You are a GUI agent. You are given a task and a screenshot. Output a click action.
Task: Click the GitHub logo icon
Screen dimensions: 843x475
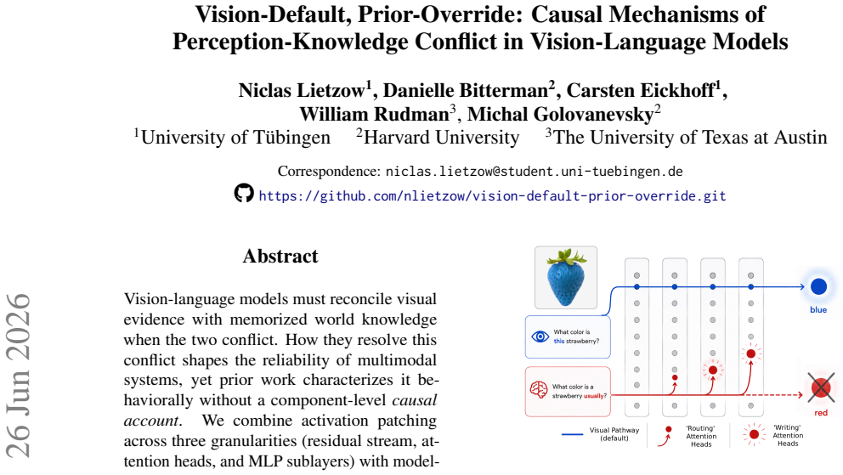pyautogui.click(x=244, y=193)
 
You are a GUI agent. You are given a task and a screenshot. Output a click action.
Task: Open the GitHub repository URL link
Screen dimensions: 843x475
pyautogui.click(x=493, y=196)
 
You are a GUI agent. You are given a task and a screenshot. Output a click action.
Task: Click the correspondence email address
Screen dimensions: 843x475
pyautogui.click(x=535, y=172)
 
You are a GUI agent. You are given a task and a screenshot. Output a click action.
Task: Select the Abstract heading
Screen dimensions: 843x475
pyautogui.click(x=280, y=257)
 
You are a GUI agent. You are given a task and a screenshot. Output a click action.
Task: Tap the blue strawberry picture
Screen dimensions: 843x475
pyautogui.click(x=566, y=277)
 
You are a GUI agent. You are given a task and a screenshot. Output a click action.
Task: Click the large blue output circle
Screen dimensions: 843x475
pyautogui.click(x=819, y=287)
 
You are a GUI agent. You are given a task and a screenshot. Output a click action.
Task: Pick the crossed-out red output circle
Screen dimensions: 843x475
pyautogui.click(x=821, y=387)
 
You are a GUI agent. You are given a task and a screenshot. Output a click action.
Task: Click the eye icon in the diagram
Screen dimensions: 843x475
pyautogui.click(x=540, y=336)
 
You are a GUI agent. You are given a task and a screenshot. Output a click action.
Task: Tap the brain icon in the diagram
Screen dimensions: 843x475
pyautogui.click(x=539, y=389)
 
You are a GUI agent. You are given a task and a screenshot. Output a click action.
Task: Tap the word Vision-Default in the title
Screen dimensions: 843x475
pyautogui.click(x=272, y=14)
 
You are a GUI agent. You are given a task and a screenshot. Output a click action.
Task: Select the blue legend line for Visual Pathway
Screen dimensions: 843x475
pyautogui.click(x=572, y=434)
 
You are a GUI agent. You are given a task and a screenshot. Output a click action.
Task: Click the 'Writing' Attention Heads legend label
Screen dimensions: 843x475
pyautogui.click(x=788, y=436)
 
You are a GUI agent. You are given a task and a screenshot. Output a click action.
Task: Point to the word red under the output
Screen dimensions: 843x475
pyautogui.click(x=821, y=413)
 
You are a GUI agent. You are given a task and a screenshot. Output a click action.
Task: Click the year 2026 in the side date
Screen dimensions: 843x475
pyautogui.click(x=19, y=319)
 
